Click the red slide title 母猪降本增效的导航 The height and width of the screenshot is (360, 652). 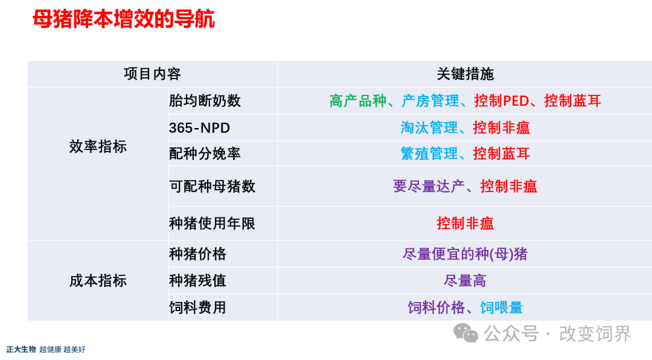[124, 19]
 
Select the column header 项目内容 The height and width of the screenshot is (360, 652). [152, 74]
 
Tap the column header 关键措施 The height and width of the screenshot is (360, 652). [465, 74]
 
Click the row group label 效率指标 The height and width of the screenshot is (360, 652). [98, 147]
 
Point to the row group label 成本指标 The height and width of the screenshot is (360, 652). [98, 280]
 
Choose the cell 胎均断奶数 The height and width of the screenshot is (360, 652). [205, 101]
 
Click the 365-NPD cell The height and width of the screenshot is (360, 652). [200, 128]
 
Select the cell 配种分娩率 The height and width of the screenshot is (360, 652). [205, 153]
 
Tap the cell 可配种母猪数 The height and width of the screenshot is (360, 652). [212, 186]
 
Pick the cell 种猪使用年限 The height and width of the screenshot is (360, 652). [212, 223]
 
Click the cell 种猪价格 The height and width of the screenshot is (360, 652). [197, 254]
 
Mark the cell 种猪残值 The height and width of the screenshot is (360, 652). [197, 280]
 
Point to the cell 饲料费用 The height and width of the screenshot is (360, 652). [197, 307]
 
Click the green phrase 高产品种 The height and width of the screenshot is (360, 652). [358, 101]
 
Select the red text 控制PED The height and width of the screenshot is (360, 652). [502, 101]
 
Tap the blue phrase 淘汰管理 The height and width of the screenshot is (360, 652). [429, 128]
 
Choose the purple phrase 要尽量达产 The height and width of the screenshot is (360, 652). [429, 186]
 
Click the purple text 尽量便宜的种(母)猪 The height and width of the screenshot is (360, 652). [465, 254]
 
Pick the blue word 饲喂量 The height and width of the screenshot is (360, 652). [502, 307]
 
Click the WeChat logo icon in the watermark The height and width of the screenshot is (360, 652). [465, 333]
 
